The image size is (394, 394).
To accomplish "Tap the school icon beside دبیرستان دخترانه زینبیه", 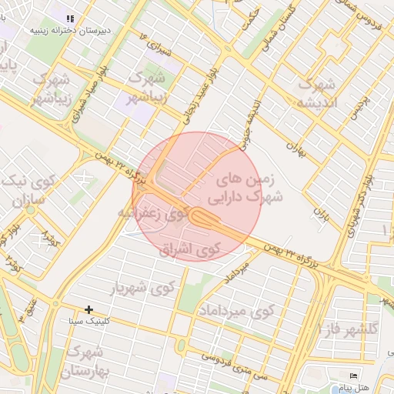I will pos(69,18).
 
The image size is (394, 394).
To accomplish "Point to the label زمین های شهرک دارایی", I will pos(251,186).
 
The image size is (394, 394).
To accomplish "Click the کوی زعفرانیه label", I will pos(153,212).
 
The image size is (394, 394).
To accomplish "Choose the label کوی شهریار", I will pos(144,287).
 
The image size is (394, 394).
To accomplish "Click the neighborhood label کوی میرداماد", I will pos(235,311).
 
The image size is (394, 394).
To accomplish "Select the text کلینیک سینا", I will pos(88,320).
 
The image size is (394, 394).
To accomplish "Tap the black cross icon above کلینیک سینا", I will pos(88,309).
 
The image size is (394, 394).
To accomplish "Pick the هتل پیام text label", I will pos(353,386).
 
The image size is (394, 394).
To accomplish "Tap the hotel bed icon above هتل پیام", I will pos(353,376).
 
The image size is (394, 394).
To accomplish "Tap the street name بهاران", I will pos(297,147).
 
